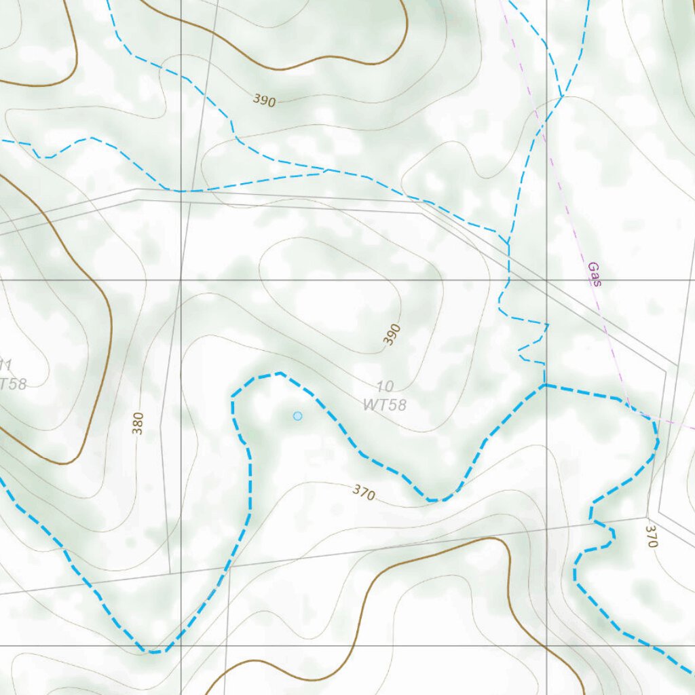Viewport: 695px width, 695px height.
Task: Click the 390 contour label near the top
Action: (265, 100)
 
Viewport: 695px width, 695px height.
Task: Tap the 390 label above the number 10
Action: (392, 335)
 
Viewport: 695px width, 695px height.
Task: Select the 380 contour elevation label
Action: (138, 423)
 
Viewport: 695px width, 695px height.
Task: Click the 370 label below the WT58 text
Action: (364, 493)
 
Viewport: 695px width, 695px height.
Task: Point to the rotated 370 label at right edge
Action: (652, 536)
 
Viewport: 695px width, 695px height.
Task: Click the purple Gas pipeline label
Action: (595, 274)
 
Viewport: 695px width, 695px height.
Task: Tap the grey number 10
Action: (385, 387)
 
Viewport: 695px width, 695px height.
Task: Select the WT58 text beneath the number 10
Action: (384, 405)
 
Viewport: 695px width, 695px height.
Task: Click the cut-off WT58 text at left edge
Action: (12, 384)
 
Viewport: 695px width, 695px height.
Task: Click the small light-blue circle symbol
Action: (297, 415)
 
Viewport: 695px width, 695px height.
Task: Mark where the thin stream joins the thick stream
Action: (544, 385)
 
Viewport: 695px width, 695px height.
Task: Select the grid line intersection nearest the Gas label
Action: (547, 280)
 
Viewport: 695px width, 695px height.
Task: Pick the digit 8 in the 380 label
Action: (138, 423)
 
